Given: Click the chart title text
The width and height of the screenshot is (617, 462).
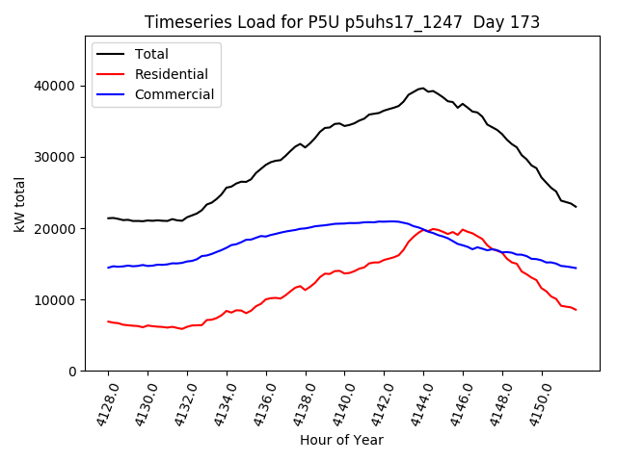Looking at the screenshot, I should pyautogui.click(x=342, y=22).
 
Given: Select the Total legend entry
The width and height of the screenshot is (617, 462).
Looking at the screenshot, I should pyautogui.click(x=151, y=54).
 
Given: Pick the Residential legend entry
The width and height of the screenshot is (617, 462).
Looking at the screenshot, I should pyautogui.click(x=170, y=74).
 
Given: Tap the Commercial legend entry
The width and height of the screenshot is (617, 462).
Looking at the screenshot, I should pyautogui.click(x=174, y=94).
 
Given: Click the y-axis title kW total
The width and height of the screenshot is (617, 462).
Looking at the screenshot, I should pyautogui.click(x=20, y=204).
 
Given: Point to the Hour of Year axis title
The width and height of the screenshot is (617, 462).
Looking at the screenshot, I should pyautogui.click(x=341, y=440).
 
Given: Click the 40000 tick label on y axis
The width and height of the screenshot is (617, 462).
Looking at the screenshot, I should pyautogui.click(x=58, y=86).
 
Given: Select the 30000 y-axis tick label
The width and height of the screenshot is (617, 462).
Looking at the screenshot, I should pyautogui.click(x=58, y=157).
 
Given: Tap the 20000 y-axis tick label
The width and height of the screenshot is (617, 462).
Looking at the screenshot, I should pyautogui.click(x=58, y=229).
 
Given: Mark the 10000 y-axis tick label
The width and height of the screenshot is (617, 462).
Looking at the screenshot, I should pyautogui.click(x=58, y=300).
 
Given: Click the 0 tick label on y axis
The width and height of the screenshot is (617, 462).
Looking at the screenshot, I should pyautogui.click(x=73, y=372).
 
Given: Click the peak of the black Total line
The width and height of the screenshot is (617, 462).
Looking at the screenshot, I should pyautogui.click(x=422, y=88).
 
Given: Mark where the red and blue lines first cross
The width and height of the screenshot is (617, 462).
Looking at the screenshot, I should pyautogui.click(x=425, y=230).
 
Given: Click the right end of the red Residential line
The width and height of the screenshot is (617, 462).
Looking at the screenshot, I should pyautogui.click(x=576, y=310).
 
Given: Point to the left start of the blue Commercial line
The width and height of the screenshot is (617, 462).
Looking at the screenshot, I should pyautogui.click(x=108, y=268).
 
